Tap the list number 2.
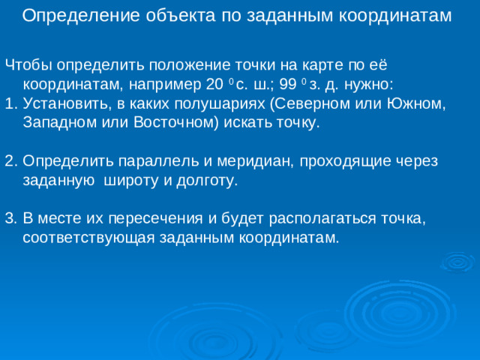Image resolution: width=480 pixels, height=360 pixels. (10, 161)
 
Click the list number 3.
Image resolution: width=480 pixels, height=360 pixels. (10, 219)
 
